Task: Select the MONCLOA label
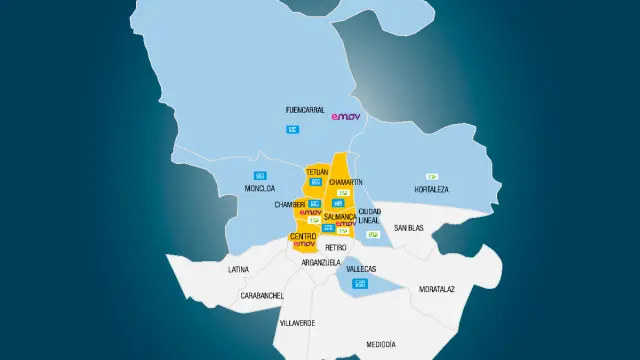(x=259, y=187)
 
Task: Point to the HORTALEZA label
(x=431, y=189)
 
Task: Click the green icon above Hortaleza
(x=432, y=176)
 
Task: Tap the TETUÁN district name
(x=317, y=172)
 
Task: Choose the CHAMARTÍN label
(x=345, y=181)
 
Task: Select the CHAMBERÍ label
(x=290, y=204)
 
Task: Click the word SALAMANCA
(x=340, y=215)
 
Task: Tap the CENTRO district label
(x=303, y=236)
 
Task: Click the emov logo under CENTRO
(x=304, y=244)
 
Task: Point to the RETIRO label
(x=336, y=247)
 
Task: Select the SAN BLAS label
(x=408, y=228)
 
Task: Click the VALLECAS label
(x=360, y=269)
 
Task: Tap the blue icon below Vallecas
(x=361, y=283)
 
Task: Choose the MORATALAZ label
(x=437, y=289)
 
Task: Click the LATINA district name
(x=238, y=269)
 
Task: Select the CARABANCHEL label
(x=262, y=296)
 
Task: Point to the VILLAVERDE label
(x=297, y=323)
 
